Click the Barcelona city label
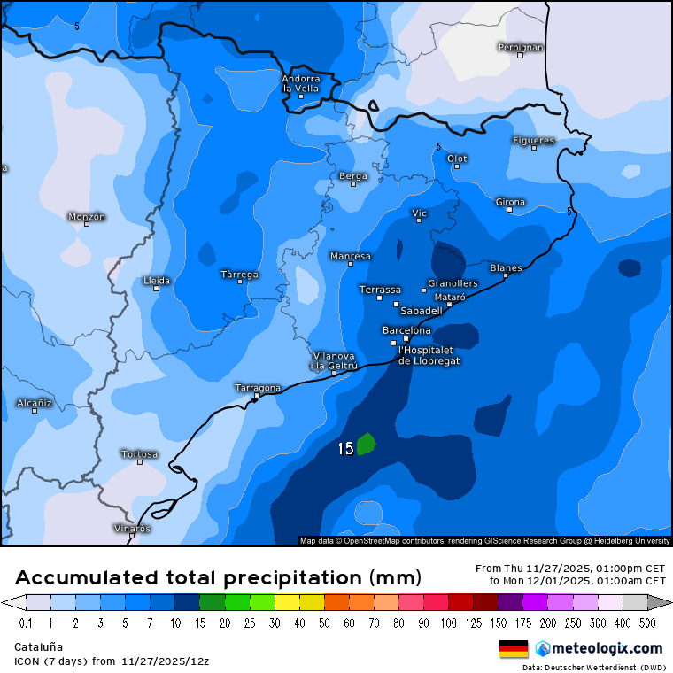(406, 330)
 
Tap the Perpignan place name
(520, 47)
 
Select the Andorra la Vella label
(301, 83)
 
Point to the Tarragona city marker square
(257, 396)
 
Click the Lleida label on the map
(157, 280)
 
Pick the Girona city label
(510, 202)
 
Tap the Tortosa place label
(140, 454)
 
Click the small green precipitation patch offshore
(366, 445)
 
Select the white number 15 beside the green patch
(345, 449)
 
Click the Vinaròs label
(132, 528)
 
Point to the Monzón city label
(87, 216)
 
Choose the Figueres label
(533, 140)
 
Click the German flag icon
(514, 648)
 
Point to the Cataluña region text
(38, 646)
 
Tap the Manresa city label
(350, 256)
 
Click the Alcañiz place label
(35, 403)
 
